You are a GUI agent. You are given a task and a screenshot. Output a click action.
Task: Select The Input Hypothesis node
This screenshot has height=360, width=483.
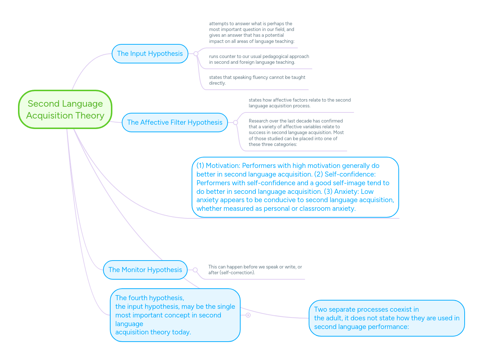150,54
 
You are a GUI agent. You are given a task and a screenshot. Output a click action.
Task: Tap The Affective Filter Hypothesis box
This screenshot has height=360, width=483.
175,123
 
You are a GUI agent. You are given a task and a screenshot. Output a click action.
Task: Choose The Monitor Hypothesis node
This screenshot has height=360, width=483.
145,270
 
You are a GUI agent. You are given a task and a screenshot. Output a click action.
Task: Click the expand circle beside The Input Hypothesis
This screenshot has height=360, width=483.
196,54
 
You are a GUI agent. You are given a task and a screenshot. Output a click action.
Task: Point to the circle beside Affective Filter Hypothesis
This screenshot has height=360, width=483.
236,123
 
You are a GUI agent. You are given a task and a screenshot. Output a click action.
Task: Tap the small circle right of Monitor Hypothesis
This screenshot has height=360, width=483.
195,270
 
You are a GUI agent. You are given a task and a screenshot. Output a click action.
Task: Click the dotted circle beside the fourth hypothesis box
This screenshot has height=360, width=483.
248,315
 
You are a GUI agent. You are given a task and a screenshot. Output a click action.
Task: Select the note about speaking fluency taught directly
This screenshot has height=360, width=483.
257,80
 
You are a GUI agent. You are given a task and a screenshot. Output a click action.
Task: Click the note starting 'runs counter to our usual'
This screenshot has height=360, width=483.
259,59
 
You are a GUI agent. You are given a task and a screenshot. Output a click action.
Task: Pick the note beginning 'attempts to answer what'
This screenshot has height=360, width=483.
251,32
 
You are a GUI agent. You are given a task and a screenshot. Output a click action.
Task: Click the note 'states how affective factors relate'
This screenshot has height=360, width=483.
299,103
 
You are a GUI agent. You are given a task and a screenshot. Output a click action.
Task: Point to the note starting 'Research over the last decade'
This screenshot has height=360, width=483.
296,132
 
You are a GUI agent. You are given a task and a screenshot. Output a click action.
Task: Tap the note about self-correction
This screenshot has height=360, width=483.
255,270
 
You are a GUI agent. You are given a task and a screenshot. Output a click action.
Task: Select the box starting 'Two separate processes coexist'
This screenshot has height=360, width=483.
386,318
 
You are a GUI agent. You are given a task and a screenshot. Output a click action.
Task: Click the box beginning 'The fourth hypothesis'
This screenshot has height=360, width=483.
175,315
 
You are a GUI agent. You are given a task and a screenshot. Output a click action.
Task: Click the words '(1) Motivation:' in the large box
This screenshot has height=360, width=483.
218,166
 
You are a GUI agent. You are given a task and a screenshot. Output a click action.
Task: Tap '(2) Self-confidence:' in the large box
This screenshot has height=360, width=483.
345,174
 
